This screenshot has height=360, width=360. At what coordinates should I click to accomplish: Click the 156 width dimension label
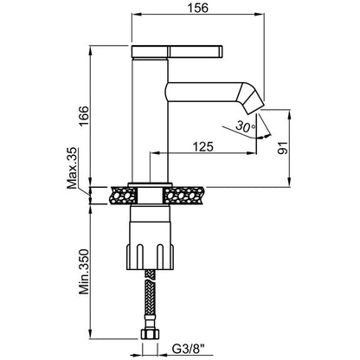click(x=197, y=8)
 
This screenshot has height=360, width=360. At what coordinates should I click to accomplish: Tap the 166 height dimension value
click(x=85, y=116)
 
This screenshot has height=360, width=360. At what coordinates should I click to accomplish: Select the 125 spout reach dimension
click(x=202, y=147)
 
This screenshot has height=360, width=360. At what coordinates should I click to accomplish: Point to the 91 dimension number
click(x=283, y=148)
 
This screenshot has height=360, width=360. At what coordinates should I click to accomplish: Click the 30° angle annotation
click(x=246, y=126)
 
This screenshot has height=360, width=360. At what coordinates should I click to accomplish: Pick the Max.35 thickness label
click(x=72, y=168)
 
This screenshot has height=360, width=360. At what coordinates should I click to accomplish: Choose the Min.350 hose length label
click(x=85, y=272)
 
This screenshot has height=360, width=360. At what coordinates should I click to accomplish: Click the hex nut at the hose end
click(x=150, y=334)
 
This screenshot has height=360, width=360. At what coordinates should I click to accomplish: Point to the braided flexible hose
click(x=151, y=299)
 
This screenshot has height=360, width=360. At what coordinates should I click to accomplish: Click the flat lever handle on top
click(x=177, y=52)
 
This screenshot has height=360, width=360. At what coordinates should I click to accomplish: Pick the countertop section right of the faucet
click(x=184, y=196)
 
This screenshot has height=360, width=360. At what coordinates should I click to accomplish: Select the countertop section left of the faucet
click(x=123, y=196)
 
